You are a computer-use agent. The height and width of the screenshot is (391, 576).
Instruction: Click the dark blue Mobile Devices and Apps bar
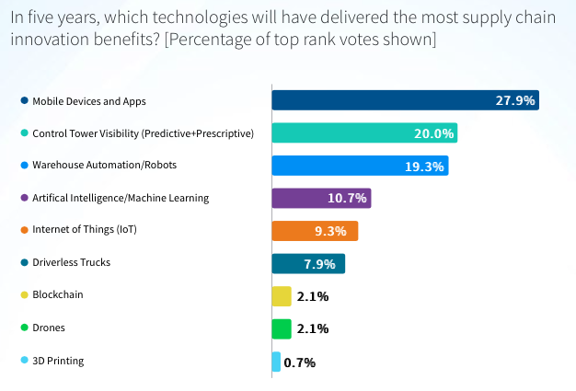pyautogui.click(x=386, y=100)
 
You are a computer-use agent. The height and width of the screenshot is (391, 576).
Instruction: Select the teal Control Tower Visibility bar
pyautogui.click(x=350, y=133)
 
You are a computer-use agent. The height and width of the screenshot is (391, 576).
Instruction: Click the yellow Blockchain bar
pyautogui.click(x=282, y=295)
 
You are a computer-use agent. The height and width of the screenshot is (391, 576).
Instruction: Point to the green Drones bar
pyautogui.click(x=282, y=328)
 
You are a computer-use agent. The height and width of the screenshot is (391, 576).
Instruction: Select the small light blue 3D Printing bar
pyautogui.click(x=276, y=362)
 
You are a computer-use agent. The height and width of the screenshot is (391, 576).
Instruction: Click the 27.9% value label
pyautogui.click(x=514, y=100)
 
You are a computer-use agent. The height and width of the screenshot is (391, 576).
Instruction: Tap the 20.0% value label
pyautogui.click(x=433, y=133)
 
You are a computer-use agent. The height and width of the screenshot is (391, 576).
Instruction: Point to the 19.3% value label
pyautogui.click(x=424, y=167)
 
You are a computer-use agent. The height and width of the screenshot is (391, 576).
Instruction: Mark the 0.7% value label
pyautogui.click(x=300, y=362)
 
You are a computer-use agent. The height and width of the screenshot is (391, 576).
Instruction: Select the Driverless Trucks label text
pyautogui.click(x=72, y=262)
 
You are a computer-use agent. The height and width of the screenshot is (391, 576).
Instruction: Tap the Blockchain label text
pyautogui.click(x=57, y=295)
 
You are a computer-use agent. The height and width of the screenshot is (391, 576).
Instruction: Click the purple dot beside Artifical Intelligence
pyautogui.click(x=24, y=198)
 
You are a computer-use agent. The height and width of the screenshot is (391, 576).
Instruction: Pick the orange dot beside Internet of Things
pyautogui.click(x=24, y=230)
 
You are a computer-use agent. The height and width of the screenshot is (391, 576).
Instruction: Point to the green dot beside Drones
pyautogui.click(x=24, y=328)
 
